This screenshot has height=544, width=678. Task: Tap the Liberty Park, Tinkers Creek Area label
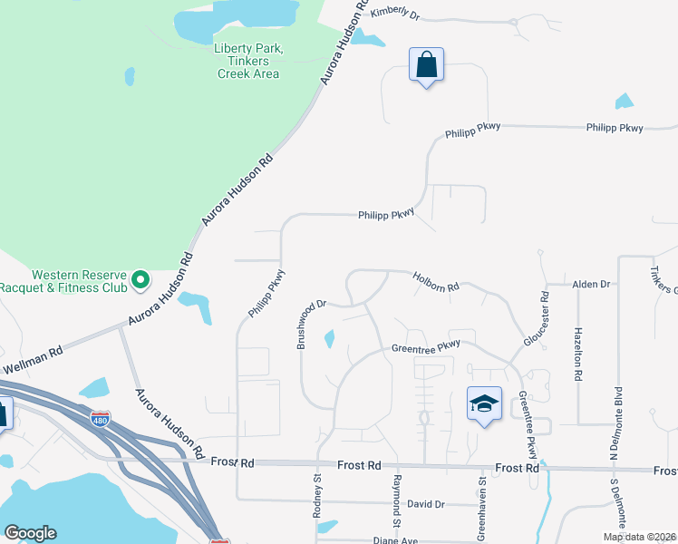click(248, 61)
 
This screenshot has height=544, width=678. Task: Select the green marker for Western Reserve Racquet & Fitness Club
click(140, 280)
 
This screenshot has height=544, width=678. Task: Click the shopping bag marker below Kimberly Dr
click(426, 64)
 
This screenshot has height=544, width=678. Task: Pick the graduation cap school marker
click(484, 403)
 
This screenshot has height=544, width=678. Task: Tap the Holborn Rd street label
click(437, 281)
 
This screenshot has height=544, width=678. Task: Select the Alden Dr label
click(591, 285)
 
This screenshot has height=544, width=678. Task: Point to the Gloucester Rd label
click(537, 318)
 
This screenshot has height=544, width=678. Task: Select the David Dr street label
click(426, 504)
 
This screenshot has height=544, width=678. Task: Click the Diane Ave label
click(396, 540)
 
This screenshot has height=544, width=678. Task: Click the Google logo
click(31, 533)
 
